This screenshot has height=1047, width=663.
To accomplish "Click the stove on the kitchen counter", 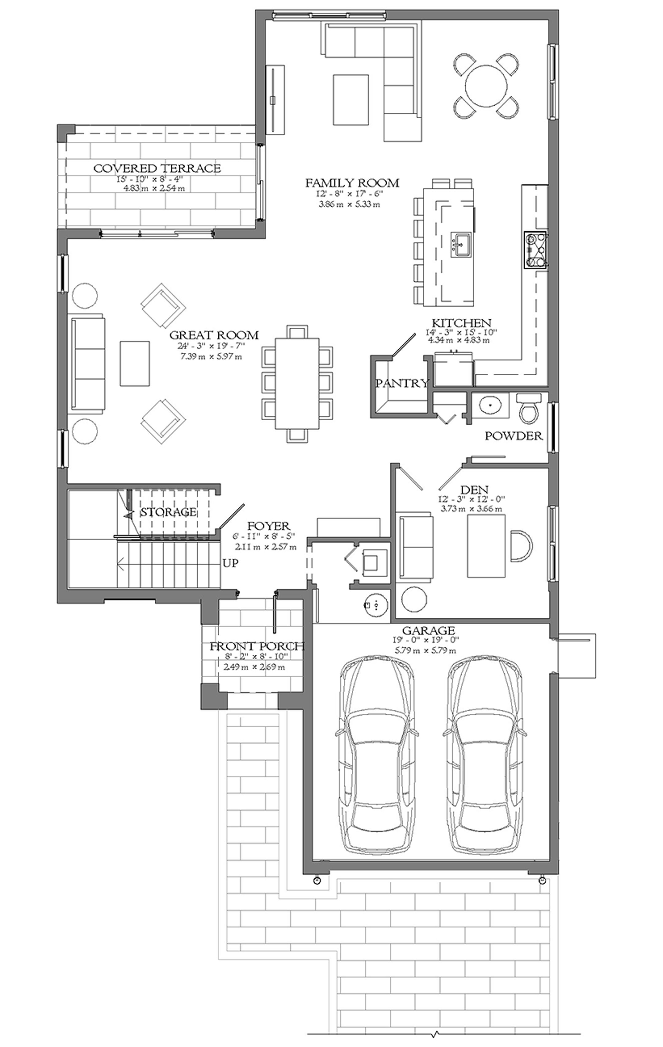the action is (536, 250).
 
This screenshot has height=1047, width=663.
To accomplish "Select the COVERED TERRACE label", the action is (157, 168).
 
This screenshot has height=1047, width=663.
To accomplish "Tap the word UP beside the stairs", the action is (231, 563).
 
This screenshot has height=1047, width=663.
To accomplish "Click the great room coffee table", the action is (135, 363).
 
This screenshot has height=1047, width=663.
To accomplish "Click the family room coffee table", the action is (351, 99).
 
